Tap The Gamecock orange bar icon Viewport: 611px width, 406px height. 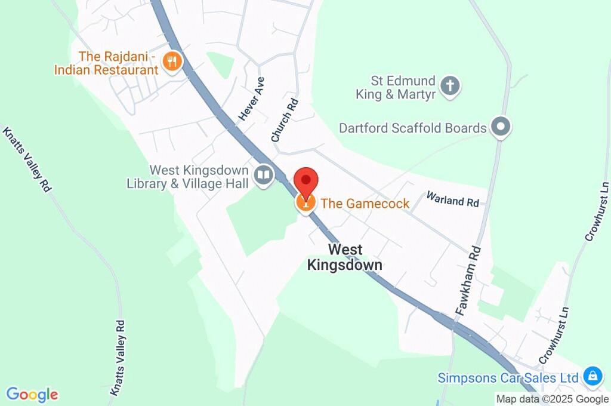pos(306,204)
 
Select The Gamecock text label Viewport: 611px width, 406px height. pos(365,204)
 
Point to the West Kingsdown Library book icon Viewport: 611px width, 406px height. pos(263,175)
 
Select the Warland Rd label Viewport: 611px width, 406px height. pos(452,199)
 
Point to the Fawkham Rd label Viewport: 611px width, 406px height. pos(468,280)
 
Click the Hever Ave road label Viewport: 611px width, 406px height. pos(252,99)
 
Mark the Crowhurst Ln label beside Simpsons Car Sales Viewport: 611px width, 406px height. pos(551,336)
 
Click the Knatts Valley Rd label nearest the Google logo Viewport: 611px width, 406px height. pos(118,358)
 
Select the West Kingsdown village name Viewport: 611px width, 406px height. pos(344,257)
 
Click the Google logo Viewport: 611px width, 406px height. pos(32,395)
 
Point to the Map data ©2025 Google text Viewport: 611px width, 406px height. pos(552,399)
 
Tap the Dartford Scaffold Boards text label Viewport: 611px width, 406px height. pos(413,128)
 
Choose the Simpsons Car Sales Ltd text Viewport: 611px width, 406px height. pos(508,378)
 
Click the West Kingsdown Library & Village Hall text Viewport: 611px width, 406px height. pos(188,177)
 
